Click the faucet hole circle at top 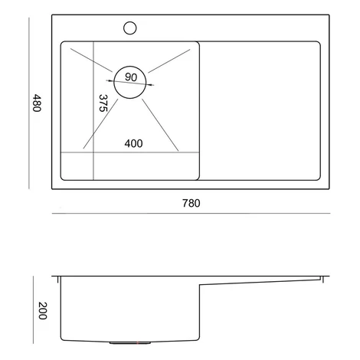(130, 22)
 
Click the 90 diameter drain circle (130, 66)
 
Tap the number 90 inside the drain (131, 77)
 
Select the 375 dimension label (103, 103)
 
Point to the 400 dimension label (133, 143)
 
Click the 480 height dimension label (37, 103)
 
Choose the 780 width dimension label (191, 203)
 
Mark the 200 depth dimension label (43, 311)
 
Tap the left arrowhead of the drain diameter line (110, 81)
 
